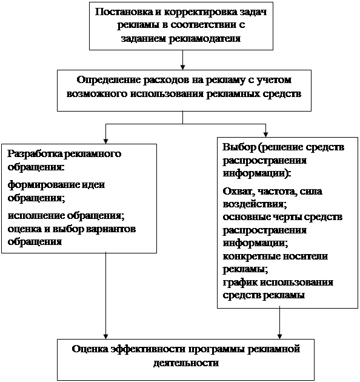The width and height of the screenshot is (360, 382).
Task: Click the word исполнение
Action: (36, 216)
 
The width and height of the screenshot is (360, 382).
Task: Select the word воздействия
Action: (255, 204)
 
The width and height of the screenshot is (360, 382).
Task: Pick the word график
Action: (239, 283)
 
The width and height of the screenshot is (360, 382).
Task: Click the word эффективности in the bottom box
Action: (148, 349)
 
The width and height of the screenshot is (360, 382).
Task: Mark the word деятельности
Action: (186, 363)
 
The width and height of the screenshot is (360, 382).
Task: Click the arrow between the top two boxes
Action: (182, 60)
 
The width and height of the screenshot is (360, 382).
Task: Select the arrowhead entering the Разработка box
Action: (105, 141)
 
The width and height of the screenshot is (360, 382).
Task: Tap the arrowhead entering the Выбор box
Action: (265, 135)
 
